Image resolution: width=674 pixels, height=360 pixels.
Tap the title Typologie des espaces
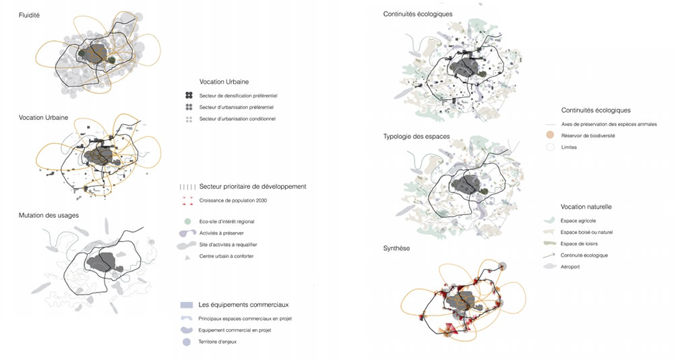click(x=416, y=137)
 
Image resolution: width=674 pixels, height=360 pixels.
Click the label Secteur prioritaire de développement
click(x=253, y=186)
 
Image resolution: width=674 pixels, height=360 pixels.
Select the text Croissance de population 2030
click(x=236, y=201)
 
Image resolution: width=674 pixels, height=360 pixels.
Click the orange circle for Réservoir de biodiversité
click(x=551, y=136)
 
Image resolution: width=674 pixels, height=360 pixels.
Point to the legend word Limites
click(x=570, y=147)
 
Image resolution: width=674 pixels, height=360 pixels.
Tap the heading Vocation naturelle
click(x=586, y=206)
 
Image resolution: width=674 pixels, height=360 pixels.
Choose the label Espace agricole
click(x=578, y=220)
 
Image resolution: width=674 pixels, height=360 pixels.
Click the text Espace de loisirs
click(x=580, y=243)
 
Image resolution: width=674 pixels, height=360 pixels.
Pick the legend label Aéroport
click(x=573, y=267)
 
